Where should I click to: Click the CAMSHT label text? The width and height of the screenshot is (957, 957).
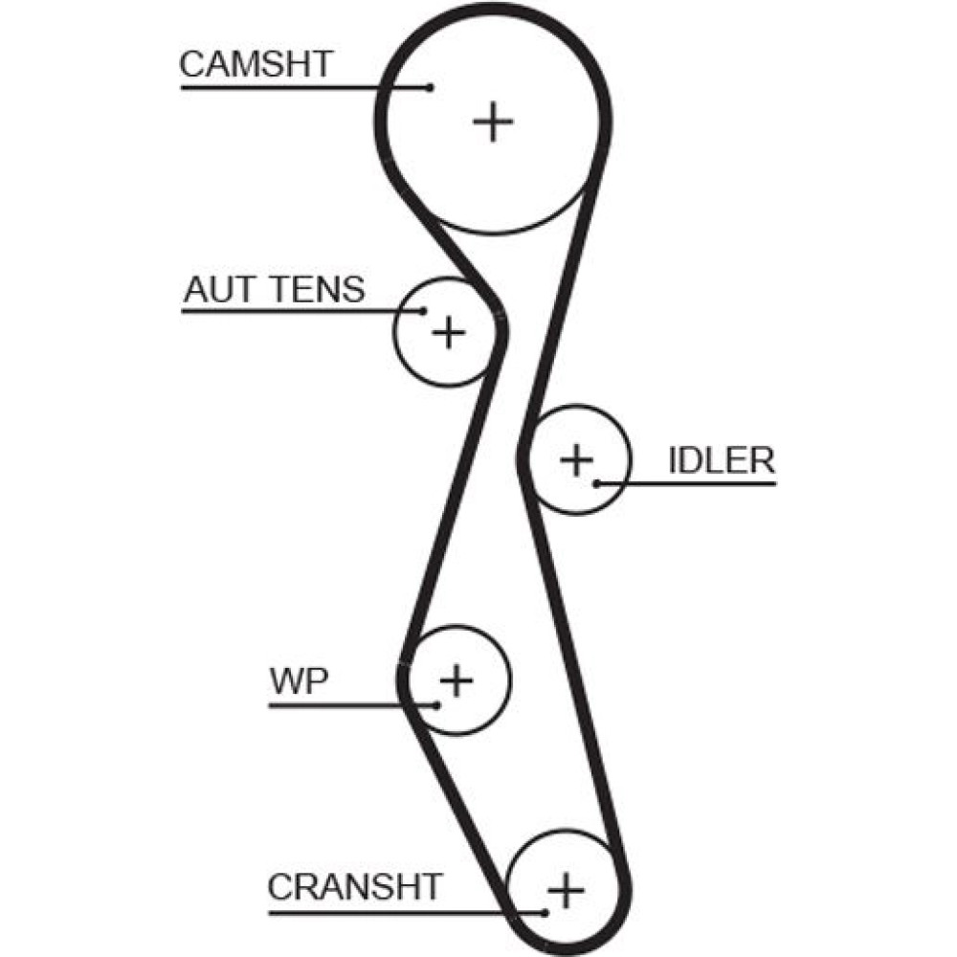coord(256,64)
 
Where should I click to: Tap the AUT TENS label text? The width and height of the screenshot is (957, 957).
coord(275,288)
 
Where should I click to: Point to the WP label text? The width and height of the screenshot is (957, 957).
coord(300,682)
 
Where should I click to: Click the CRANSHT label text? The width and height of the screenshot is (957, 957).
coord(355,886)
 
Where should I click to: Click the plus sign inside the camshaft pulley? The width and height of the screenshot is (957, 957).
coord(494,122)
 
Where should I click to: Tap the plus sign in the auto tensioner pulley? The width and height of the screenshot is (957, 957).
coord(447,332)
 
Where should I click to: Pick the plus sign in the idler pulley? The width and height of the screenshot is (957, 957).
coord(577,459)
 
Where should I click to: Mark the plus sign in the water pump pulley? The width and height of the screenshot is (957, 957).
coord(456,680)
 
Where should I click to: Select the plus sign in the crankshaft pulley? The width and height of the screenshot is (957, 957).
coord(567,891)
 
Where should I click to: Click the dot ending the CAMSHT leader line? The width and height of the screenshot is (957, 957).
coord(431,87)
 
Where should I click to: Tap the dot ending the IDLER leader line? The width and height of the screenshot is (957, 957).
coord(596,482)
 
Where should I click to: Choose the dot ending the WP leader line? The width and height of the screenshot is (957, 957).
coord(436,705)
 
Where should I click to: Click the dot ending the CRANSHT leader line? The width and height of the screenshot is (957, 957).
coord(545,911)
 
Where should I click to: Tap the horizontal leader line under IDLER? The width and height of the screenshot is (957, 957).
coord(689,482)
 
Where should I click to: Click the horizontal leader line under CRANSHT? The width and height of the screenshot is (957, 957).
coord(402,911)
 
